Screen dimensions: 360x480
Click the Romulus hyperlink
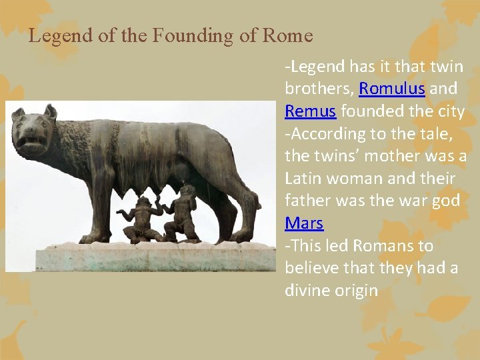coord(391,89)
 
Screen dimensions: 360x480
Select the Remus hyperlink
coord(310,111)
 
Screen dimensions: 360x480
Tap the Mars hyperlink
coord(303,223)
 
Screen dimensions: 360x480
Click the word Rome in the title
coord(287,35)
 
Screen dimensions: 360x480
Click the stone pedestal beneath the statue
coord(140,257)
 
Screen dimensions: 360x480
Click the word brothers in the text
coord(319,89)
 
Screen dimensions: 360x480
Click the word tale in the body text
coord(436,133)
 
